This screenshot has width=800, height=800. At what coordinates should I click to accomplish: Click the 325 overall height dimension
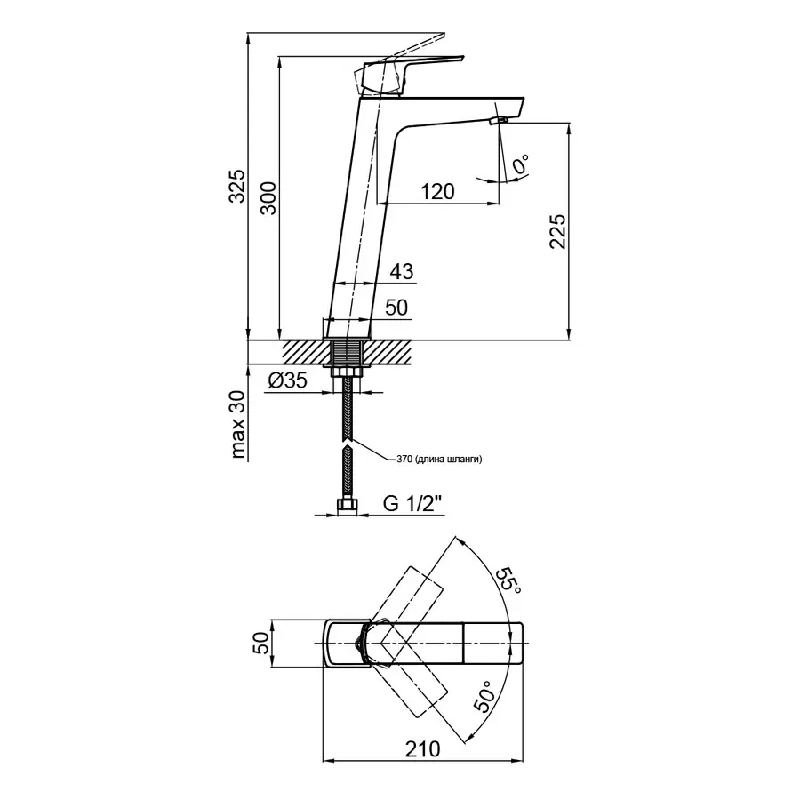tap(236, 185)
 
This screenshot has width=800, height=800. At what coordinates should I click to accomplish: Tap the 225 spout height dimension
tap(557, 233)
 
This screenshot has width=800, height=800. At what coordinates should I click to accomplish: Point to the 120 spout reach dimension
tap(436, 191)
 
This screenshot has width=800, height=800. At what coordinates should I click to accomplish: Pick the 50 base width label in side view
tap(396, 307)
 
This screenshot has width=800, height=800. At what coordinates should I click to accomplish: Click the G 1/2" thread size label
tap(412, 504)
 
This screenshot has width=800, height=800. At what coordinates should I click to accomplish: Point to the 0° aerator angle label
tap(521, 164)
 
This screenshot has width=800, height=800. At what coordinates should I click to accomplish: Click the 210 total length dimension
tap(422, 748)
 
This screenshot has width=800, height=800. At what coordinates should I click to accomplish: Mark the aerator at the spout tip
tap(498, 118)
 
